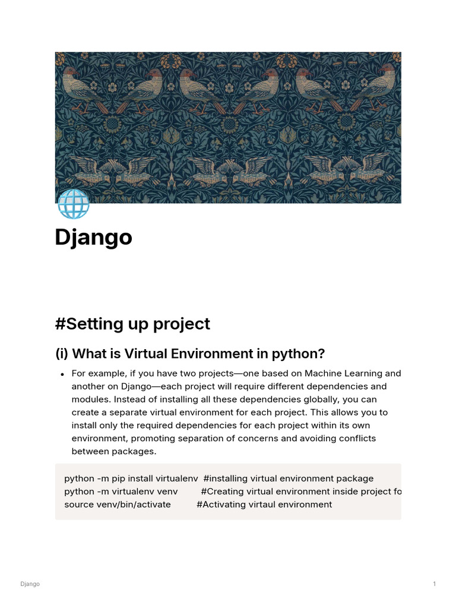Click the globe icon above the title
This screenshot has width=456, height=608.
click(x=73, y=204)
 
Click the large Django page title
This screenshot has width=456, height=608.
click(x=93, y=237)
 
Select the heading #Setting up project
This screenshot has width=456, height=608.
click(x=132, y=324)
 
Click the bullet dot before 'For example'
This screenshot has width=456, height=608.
click(x=62, y=375)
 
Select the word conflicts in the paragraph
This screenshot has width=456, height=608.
click(x=357, y=438)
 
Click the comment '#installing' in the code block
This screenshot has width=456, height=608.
click(x=225, y=479)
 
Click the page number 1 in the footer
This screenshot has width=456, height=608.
click(x=434, y=584)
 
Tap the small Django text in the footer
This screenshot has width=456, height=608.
click(x=30, y=584)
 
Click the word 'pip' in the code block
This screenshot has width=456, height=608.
click(x=118, y=479)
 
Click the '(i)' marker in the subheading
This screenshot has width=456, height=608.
click(x=62, y=354)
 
